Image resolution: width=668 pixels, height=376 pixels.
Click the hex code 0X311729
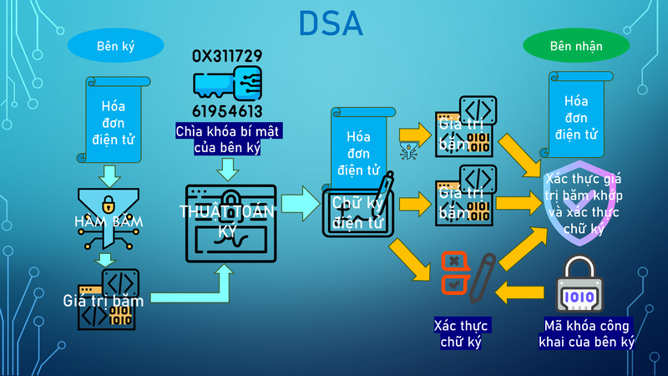point(227,56)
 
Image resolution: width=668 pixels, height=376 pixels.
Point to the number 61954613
point(227,111)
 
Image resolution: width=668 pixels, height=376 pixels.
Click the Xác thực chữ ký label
point(462,333)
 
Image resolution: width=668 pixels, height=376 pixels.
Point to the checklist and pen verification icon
point(462,277)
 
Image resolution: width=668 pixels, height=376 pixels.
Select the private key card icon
point(227,84)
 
